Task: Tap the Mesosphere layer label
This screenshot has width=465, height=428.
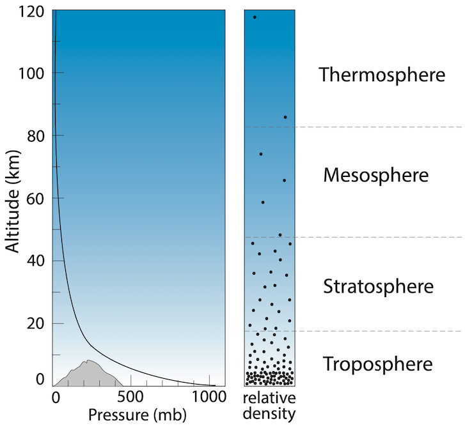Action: pos(375,175)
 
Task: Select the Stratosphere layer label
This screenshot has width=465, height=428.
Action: pos(379,286)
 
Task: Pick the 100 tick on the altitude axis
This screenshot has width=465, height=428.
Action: pos(31,73)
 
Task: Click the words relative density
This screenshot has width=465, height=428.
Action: pos(269,407)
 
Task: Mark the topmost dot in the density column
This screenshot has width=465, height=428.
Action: pos(255,17)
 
